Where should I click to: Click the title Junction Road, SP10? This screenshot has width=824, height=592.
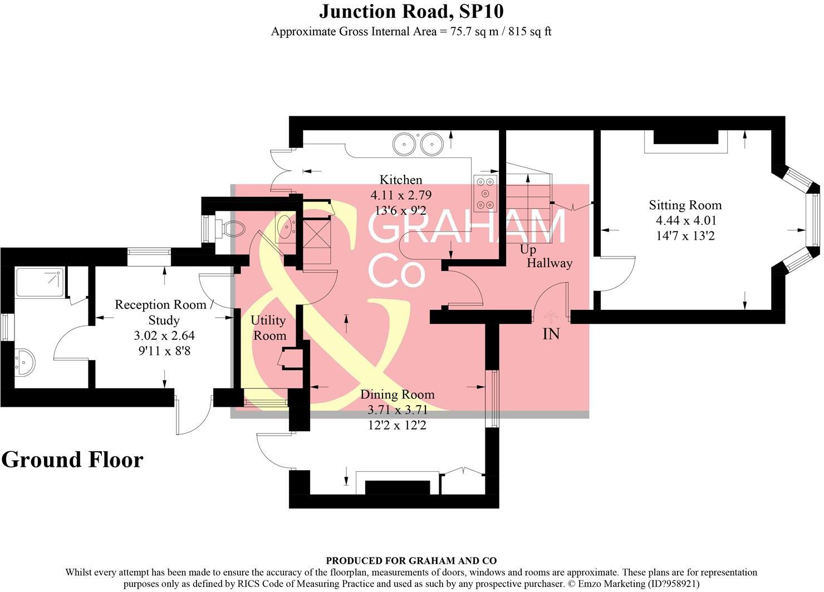[x=411, y=11]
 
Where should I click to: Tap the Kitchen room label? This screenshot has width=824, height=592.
[x=400, y=180]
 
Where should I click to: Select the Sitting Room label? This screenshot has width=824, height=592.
[x=685, y=205]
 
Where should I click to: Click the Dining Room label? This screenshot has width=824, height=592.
[x=397, y=394]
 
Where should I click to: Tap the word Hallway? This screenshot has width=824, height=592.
[x=550, y=263]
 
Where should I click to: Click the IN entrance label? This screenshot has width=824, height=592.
[x=551, y=334]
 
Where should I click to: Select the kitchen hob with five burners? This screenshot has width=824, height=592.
[x=485, y=193]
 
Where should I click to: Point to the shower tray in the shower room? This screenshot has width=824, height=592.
[x=40, y=282]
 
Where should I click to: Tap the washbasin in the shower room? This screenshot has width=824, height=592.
[x=24, y=362]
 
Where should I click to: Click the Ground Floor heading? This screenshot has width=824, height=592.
[x=72, y=460]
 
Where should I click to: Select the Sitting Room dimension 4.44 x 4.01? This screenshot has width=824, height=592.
[x=685, y=220]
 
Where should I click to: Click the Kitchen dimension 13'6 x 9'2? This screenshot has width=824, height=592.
[x=400, y=211]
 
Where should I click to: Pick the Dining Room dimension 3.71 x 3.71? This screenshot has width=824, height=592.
[x=397, y=411]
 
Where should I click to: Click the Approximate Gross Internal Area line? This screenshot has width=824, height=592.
[x=411, y=32]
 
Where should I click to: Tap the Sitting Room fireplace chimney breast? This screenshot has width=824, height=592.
[x=685, y=137]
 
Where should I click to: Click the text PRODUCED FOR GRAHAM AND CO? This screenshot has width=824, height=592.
[x=411, y=561]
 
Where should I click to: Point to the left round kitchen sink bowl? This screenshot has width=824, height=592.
[x=404, y=144]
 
